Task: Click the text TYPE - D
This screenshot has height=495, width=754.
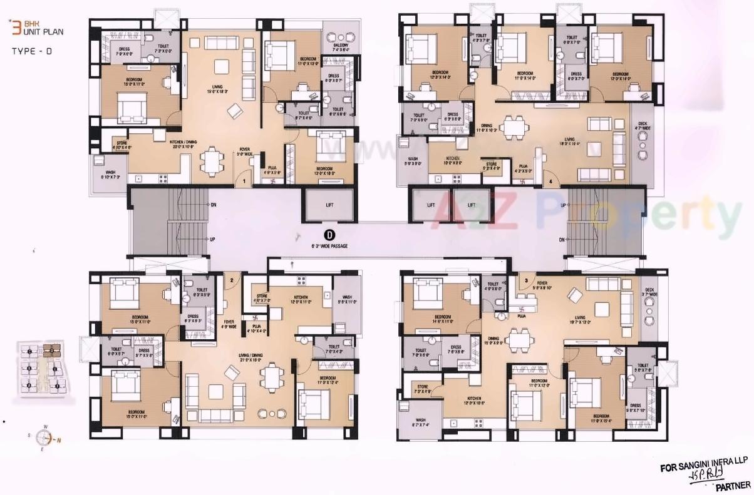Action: click(31, 53)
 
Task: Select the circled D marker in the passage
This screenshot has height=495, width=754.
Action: click(331, 235)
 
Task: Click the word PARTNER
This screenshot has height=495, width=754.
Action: click(731, 484)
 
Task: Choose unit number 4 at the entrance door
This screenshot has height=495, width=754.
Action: click(551, 181)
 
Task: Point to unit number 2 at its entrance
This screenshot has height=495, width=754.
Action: click(231, 280)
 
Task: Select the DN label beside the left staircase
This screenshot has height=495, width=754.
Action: click(213, 205)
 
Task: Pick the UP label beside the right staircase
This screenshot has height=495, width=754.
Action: click(563, 205)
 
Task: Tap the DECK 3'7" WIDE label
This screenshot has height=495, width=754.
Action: click(651, 292)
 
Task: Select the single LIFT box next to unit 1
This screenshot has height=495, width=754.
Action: click(329, 204)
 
